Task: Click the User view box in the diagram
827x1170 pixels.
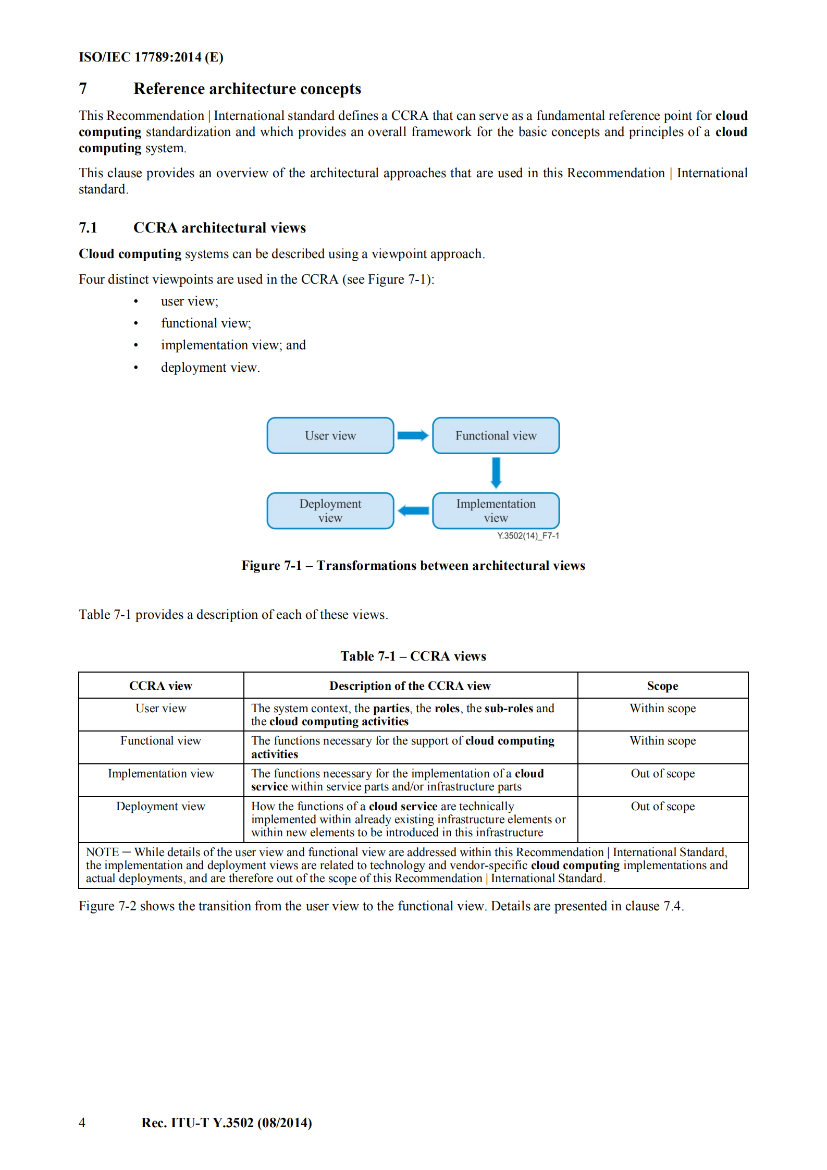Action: coord(330,435)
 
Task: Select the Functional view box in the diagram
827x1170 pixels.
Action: coord(496,435)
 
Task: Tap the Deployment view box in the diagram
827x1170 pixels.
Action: coord(330,510)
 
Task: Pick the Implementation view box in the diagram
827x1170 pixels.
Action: coord(496,510)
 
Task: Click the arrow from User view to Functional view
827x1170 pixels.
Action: coord(413,435)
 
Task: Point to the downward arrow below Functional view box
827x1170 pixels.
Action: coord(496,472)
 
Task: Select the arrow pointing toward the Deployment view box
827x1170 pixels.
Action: coord(413,511)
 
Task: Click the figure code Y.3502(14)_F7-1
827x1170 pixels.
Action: coord(528,535)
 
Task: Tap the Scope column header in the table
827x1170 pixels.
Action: coord(662,686)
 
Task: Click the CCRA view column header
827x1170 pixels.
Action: coord(161,686)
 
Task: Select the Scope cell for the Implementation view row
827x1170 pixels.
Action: coord(662,773)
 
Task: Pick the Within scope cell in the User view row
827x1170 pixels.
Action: coord(662,708)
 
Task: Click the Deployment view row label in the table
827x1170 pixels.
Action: coord(161,806)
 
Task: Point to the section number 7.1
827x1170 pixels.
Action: coord(88,228)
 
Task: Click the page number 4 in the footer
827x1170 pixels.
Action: coord(82,1122)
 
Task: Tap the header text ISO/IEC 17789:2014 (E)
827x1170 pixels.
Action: coord(151,57)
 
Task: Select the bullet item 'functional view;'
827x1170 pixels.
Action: coord(206,323)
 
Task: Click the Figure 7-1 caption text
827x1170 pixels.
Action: coord(413,566)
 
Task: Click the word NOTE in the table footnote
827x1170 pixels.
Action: coord(102,852)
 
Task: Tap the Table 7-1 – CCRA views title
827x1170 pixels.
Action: coord(413,656)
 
